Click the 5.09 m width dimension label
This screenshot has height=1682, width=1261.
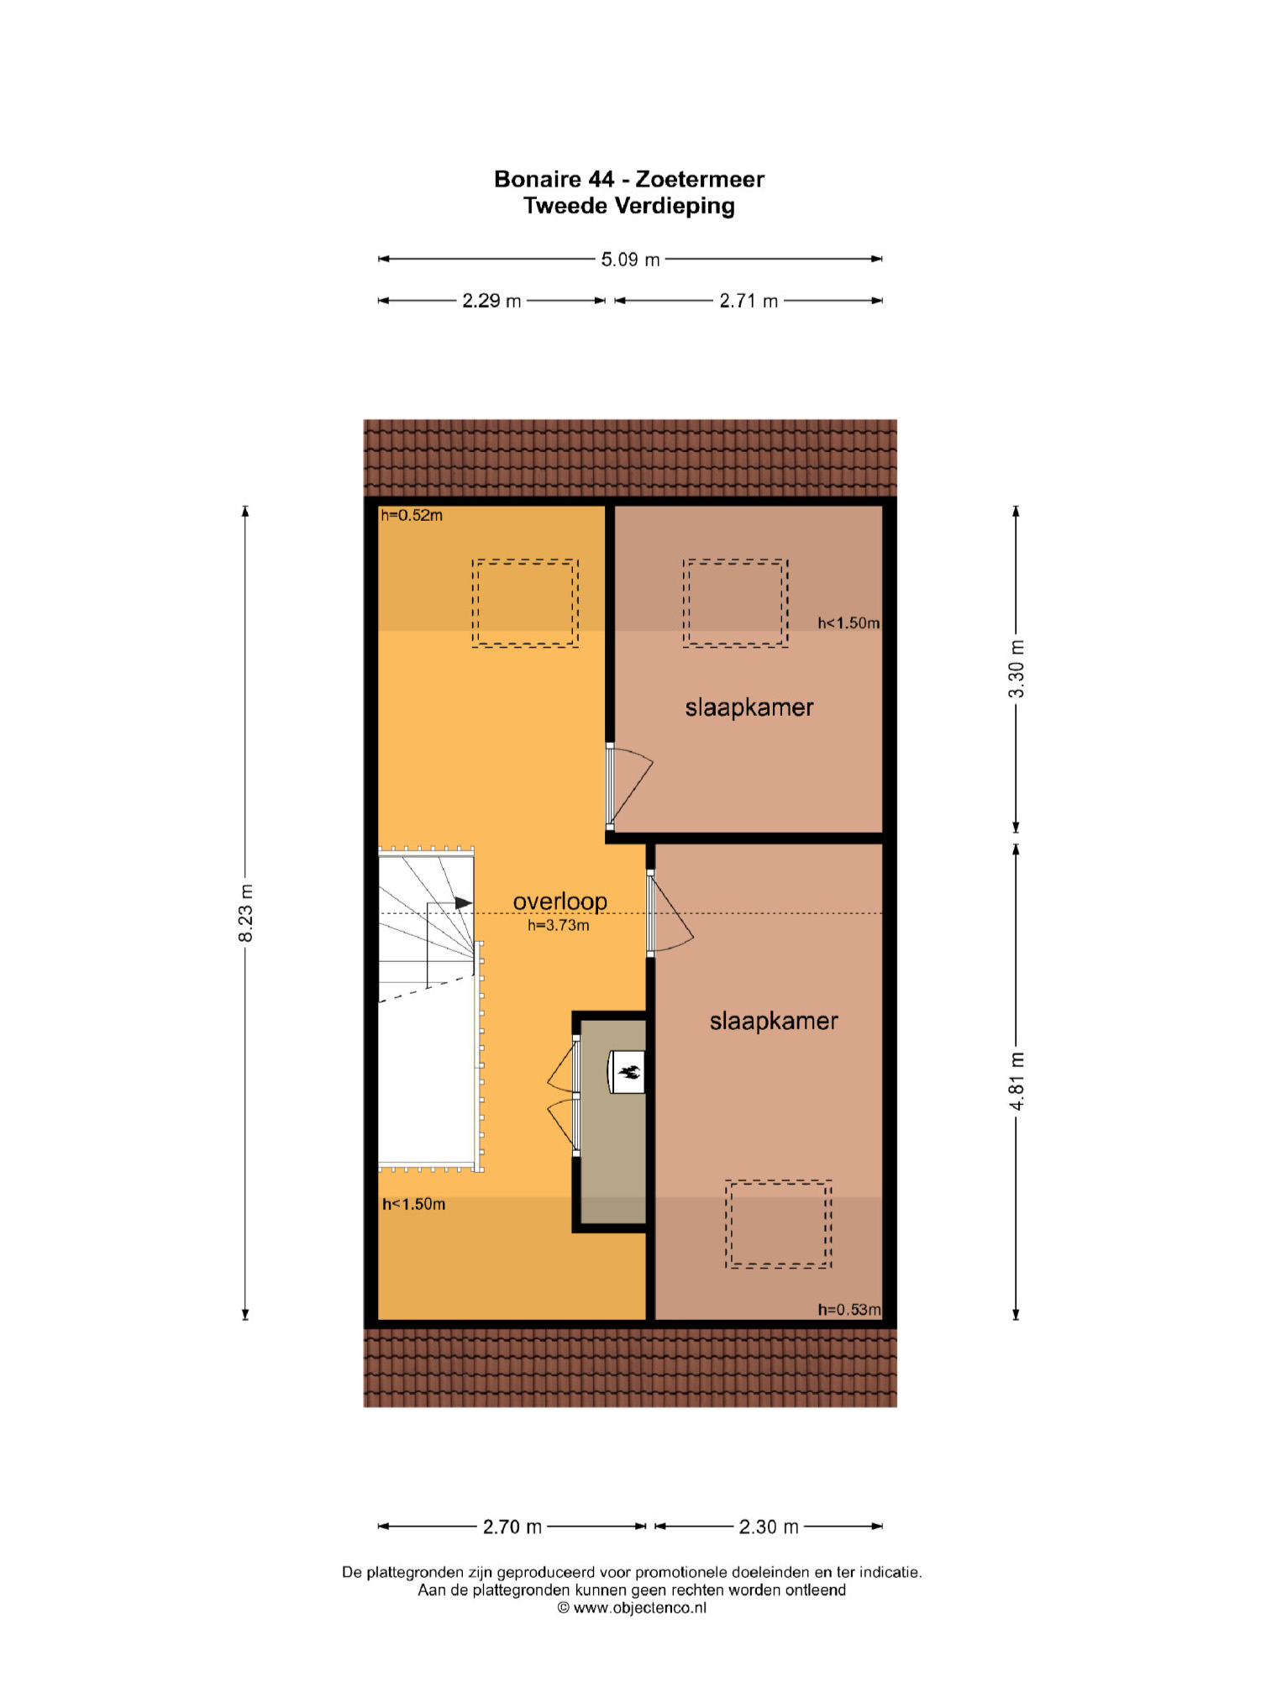tap(630, 260)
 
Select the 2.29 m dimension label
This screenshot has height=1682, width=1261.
tap(491, 301)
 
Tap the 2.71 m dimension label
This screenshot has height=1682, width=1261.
tap(749, 301)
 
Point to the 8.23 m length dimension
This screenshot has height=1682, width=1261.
tap(245, 913)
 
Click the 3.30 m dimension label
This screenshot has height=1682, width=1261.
tap(1017, 669)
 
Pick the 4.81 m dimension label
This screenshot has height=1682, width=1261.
tap(1017, 1081)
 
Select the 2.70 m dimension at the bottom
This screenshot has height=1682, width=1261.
tap(512, 1527)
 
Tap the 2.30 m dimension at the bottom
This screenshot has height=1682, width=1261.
tap(769, 1527)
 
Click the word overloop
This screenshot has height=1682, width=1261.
tap(560, 901)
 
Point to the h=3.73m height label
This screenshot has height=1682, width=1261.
tap(559, 925)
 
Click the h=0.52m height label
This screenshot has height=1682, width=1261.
tap(412, 515)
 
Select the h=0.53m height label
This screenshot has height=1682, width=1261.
tap(849, 1310)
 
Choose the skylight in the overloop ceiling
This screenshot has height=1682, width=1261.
tap(525, 603)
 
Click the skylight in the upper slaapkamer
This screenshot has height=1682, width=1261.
tap(735, 603)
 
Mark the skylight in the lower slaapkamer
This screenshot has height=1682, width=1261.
tap(779, 1224)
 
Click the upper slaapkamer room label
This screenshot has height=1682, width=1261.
tap(749, 707)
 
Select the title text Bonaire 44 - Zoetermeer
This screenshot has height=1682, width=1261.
tap(629, 179)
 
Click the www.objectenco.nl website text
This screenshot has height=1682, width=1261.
tap(639, 1608)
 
